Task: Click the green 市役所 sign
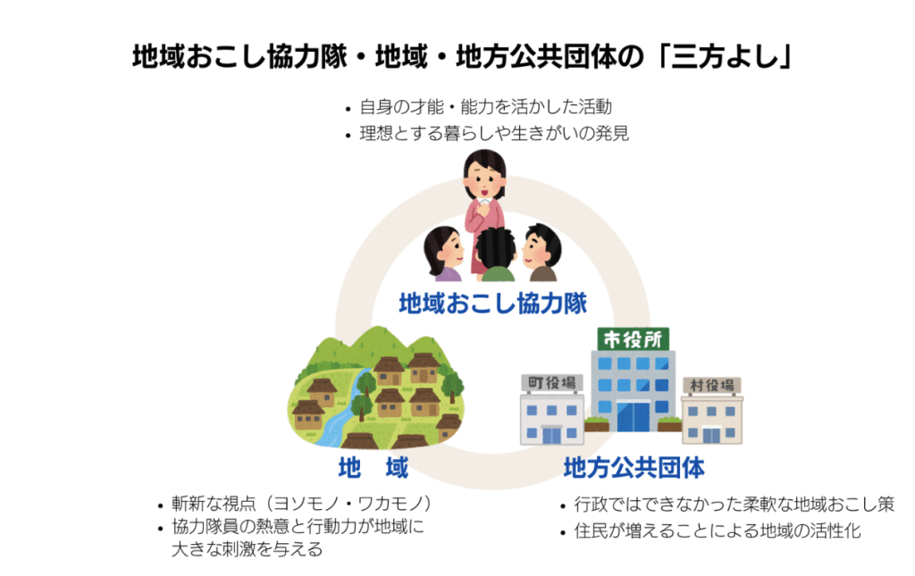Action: pos(634,338)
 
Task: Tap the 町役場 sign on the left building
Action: pos(551,383)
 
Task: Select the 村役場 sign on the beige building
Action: pos(712,386)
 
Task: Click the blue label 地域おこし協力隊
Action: pos(492,304)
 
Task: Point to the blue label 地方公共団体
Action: pos(634,468)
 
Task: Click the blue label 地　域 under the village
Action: pos(374,468)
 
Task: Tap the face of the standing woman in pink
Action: pos(484,175)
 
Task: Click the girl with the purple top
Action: pos(443,255)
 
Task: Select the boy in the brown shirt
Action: pos(541,253)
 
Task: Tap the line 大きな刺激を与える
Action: pos(247,549)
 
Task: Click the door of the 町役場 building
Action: pos(550,435)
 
